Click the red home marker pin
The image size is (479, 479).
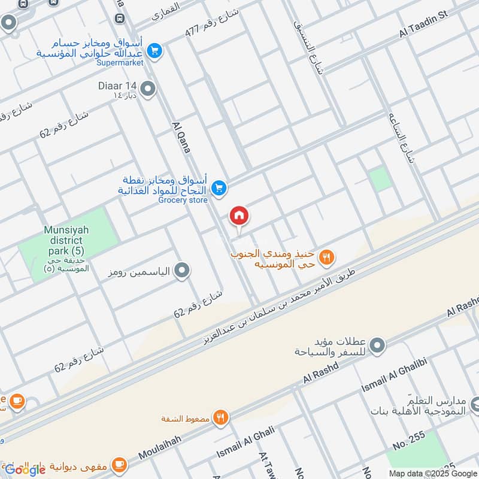click(x=239, y=216)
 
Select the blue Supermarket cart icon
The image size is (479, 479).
click(x=154, y=50)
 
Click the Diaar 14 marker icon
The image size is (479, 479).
click(x=148, y=90)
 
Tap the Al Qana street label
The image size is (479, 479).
click(x=181, y=137)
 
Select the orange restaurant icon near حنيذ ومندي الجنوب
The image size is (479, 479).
click(x=326, y=257)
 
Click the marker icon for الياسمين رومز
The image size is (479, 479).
click(x=183, y=271)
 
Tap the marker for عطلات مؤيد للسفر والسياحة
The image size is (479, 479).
click(x=377, y=345)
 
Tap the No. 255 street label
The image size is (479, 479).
click(x=409, y=441)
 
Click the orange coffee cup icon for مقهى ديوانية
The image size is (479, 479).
click(x=120, y=463)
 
